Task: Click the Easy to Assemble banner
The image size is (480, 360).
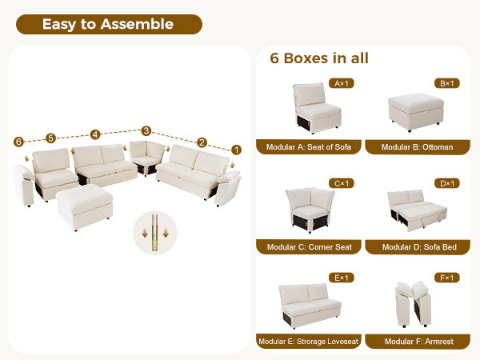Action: click(109, 24)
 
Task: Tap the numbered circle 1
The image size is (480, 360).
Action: click(236, 150)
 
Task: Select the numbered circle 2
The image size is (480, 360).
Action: click(202, 142)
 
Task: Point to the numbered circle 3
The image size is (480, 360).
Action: click(146, 130)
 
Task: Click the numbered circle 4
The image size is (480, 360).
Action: click(95, 134)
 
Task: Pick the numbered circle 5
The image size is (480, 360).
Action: click(51, 138)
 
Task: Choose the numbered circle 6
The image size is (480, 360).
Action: click(18, 142)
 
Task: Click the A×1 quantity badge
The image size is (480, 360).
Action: click(342, 83)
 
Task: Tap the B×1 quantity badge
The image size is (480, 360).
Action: click(447, 83)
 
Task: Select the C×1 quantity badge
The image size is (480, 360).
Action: click(342, 183)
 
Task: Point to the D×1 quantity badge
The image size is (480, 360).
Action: click(447, 183)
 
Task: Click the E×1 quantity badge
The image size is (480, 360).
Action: click(342, 278)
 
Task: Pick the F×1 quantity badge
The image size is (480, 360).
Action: click(447, 278)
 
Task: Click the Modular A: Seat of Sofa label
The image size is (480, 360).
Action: click(309, 147)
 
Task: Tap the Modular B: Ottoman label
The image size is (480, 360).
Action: click(418, 147)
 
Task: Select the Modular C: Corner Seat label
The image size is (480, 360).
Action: click(309, 247)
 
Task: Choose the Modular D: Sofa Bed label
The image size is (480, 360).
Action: click(418, 247)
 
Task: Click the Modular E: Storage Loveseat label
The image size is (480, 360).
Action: click(309, 342)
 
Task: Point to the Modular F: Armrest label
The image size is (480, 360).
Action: click(418, 342)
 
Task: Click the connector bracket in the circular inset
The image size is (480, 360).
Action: click(155, 233)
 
